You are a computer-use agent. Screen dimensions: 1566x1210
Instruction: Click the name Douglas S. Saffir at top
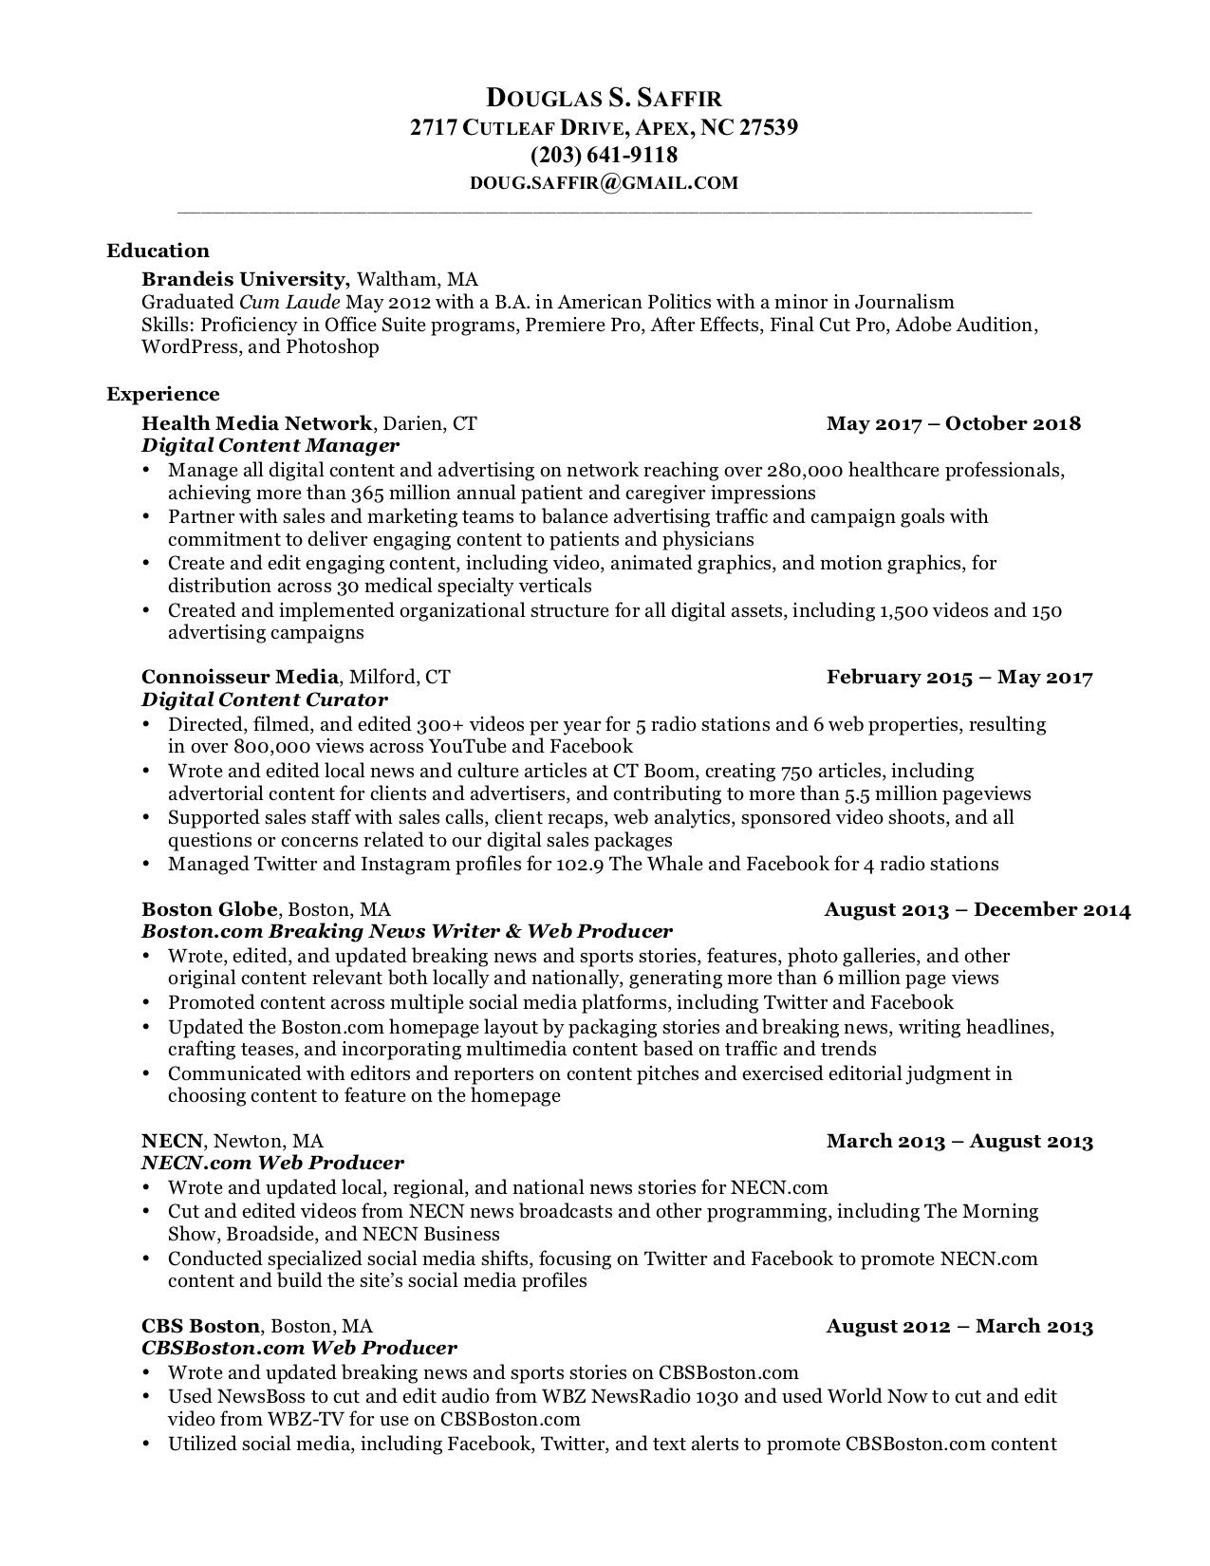[x=604, y=97]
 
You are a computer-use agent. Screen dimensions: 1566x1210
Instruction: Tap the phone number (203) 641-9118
[x=604, y=155]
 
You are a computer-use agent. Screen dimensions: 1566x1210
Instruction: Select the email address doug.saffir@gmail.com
[x=604, y=183]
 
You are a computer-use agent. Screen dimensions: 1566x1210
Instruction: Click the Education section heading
[x=158, y=251]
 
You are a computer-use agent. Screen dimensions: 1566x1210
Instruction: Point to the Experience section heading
[x=162, y=394]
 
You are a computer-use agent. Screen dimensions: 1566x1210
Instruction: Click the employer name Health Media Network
[x=256, y=423]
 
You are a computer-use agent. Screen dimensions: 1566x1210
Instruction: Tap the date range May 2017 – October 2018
[x=953, y=423]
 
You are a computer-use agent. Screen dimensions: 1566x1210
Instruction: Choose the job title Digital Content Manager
[x=270, y=445]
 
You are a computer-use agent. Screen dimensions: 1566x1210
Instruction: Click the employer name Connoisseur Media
[x=239, y=677]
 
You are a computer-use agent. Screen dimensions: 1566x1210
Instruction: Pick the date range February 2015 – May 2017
[x=959, y=677]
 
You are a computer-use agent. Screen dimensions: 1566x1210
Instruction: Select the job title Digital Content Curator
[x=264, y=699]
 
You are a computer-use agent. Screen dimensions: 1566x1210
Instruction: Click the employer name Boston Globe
[x=210, y=909]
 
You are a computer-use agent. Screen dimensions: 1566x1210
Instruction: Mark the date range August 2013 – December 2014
[x=977, y=909]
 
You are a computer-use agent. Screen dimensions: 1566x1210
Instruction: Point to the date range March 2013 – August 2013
[x=959, y=1141]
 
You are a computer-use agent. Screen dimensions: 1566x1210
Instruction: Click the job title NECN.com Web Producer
[x=272, y=1163]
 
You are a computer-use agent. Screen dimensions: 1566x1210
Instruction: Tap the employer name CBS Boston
[x=200, y=1326]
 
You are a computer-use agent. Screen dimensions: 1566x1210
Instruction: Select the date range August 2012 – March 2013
[x=959, y=1326]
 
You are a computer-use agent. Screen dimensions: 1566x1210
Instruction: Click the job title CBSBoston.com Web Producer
[x=299, y=1348]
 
